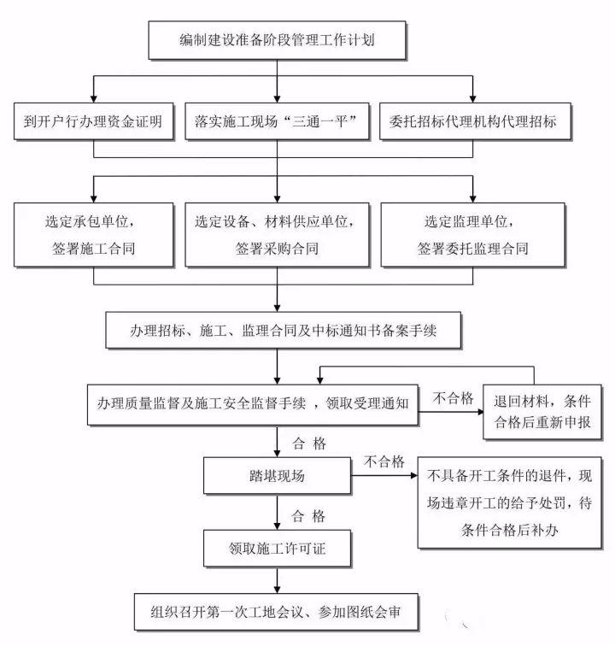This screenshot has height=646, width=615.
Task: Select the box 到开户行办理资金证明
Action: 93,120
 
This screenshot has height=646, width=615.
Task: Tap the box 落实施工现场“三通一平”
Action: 276,120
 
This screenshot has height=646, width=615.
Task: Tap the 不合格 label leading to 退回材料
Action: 453,398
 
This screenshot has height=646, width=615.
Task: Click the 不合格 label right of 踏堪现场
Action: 384,461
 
